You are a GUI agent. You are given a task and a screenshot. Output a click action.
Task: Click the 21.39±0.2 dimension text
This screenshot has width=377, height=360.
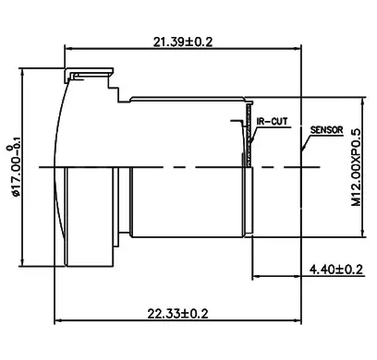[x=183, y=40]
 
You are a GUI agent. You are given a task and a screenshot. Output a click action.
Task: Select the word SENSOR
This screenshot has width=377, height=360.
[x=327, y=130]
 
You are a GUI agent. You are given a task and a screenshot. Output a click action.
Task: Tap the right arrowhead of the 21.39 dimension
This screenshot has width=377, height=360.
[x=300, y=48]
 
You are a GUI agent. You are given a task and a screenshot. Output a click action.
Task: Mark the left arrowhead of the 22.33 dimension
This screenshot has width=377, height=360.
[x=59, y=322]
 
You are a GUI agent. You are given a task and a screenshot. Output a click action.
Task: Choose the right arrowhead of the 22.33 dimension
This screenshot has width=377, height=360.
[x=300, y=322]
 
